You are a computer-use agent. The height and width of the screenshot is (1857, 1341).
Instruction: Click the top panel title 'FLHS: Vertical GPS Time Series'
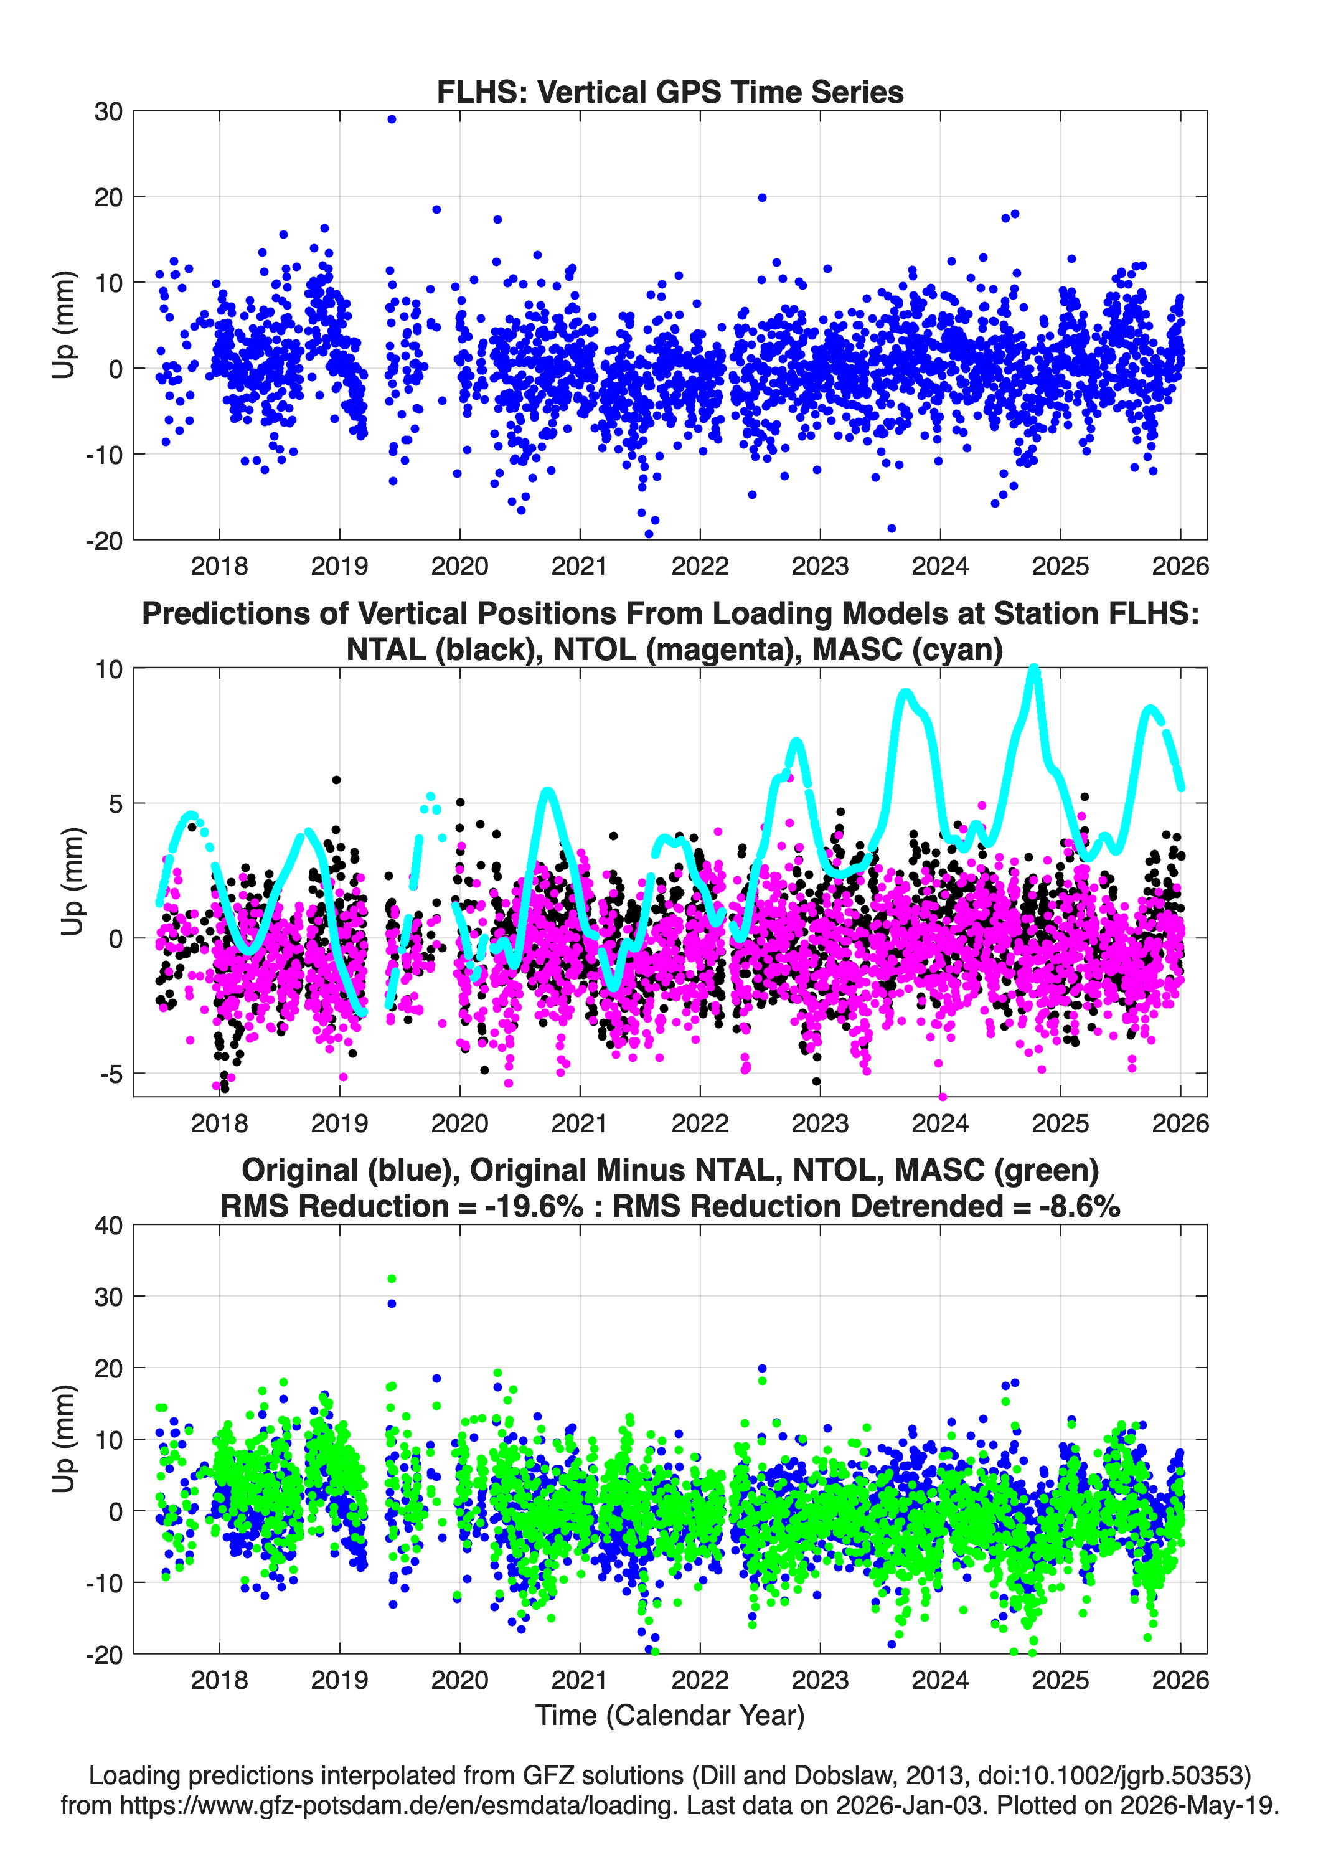tap(670, 92)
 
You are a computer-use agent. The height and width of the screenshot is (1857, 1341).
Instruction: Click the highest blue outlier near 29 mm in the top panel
tap(392, 120)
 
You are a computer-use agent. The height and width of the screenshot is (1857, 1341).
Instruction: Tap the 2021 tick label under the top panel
tap(580, 566)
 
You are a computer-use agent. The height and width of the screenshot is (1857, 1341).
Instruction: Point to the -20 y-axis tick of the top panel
tap(104, 541)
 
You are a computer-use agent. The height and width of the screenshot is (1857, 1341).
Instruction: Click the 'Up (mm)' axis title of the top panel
tap(64, 325)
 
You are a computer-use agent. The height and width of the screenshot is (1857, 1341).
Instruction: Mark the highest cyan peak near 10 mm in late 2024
tap(1034, 670)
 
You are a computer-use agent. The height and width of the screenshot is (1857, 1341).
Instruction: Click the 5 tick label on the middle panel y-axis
tap(115, 803)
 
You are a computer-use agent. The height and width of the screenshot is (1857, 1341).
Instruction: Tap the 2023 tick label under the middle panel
tap(819, 1123)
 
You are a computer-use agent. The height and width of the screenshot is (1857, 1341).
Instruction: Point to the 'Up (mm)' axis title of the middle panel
tap(72, 882)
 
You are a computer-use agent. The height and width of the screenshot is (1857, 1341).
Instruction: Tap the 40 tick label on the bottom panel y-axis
tap(109, 1226)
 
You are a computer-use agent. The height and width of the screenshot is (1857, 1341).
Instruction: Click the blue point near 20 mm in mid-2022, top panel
tap(762, 197)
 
